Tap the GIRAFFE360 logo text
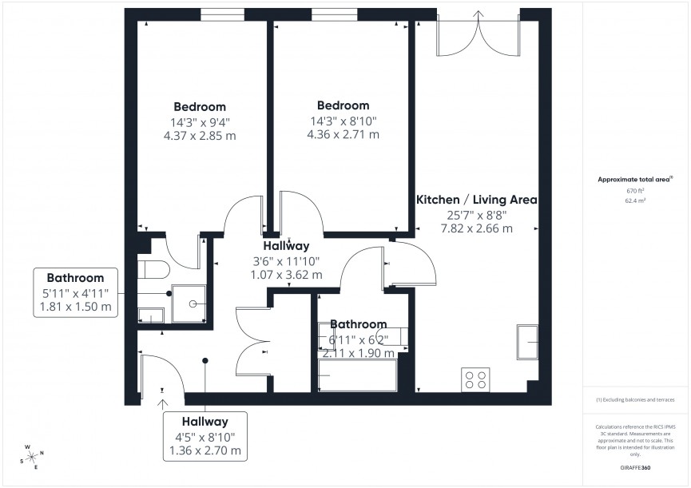click(x=635, y=466)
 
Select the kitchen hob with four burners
click(x=476, y=379)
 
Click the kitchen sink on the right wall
click(x=530, y=341)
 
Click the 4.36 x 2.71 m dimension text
click(x=343, y=134)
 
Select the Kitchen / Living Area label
click(x=477, y=200)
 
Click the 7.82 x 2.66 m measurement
click(x=477, y=228)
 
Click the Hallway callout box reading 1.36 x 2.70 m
click(x=205, y=436)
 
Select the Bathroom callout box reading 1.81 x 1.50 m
click(x=76, y=292)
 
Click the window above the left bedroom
click(x=222, y=14)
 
